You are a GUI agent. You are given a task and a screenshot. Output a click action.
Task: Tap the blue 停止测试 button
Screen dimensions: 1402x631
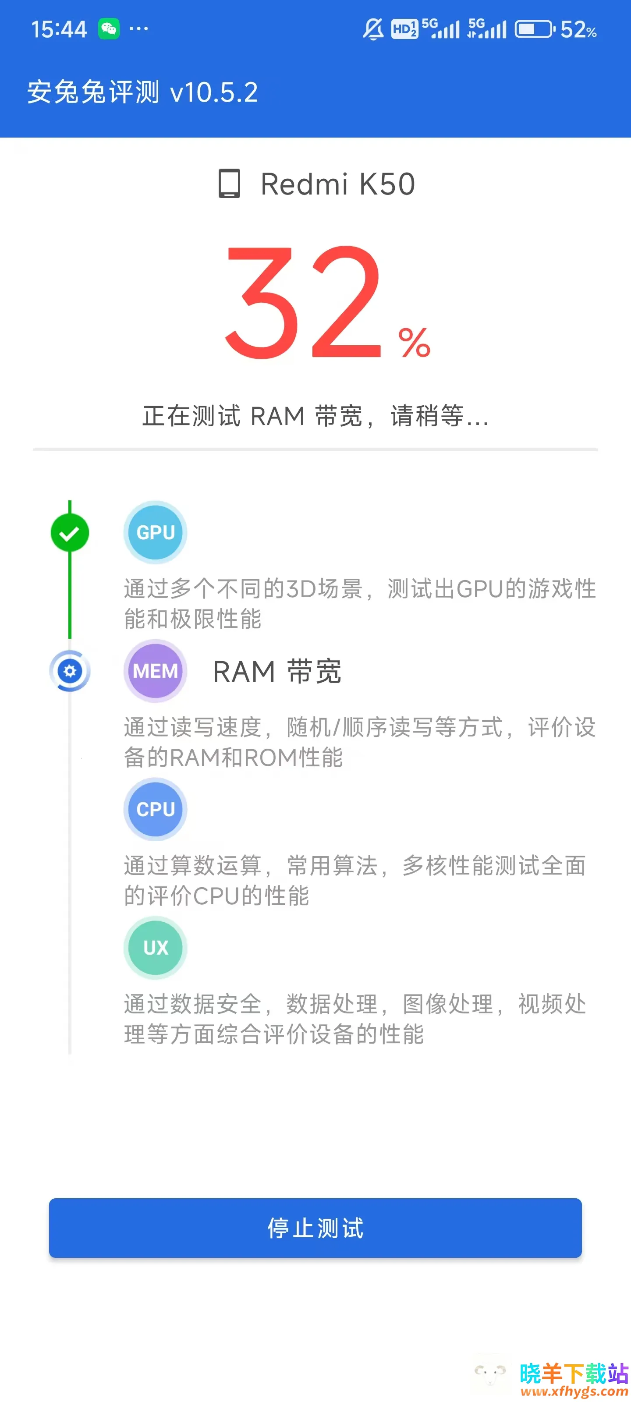pyautogui.click(x=315, y=1227)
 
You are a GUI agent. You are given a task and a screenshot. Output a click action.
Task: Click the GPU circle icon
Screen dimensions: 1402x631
pyautogui.click(x=155, y=532)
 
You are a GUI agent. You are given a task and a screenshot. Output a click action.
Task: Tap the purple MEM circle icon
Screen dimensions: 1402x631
pyautogui.click(x=155, y=670)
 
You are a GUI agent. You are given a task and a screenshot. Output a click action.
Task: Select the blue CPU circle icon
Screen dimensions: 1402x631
pyautogui.click(x=155, y=809)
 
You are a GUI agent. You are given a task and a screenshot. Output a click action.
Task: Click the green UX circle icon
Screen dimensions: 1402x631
pyautogui.click(x=155, y=948)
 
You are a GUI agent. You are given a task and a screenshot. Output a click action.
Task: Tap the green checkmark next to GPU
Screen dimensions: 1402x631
pyautogui.click(x=70, y=533)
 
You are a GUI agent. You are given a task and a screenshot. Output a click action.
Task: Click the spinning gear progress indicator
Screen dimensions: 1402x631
pyautogui.click(x=70, y=670)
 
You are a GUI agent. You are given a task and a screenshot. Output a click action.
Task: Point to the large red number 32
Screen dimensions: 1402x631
pyautogui.click(x=303, y=303)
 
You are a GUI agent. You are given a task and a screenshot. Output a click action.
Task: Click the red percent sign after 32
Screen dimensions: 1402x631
pyautogui.click(x=415, y=343)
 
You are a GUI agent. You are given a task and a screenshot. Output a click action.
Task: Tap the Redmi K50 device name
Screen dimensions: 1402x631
pyautogui.click(x=337, y=184)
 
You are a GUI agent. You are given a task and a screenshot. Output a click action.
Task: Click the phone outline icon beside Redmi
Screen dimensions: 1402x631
pyautogui.click(x=229, y=184)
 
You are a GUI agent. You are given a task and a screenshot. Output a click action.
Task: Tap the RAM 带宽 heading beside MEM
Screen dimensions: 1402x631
pyautogui.click(x=277, y=671)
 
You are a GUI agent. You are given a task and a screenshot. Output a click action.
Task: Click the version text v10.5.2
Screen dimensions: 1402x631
pyautogui.click(x=214, y=92)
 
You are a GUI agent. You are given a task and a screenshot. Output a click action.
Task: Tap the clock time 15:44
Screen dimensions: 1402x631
pyautogui.click(x=59, y=29)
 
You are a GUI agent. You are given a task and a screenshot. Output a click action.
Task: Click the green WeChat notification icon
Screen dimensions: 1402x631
pyautogui.click(x=109, y=28)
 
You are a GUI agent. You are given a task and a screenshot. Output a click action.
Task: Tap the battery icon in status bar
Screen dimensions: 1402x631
pyautogui.click(x=534, y=29)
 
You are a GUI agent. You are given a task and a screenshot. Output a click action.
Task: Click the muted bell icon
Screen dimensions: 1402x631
pyautogui.click(x=373, y=29)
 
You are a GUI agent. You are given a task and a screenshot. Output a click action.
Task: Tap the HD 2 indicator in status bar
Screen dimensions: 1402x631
pyautogui.click(x=404, y=29)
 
